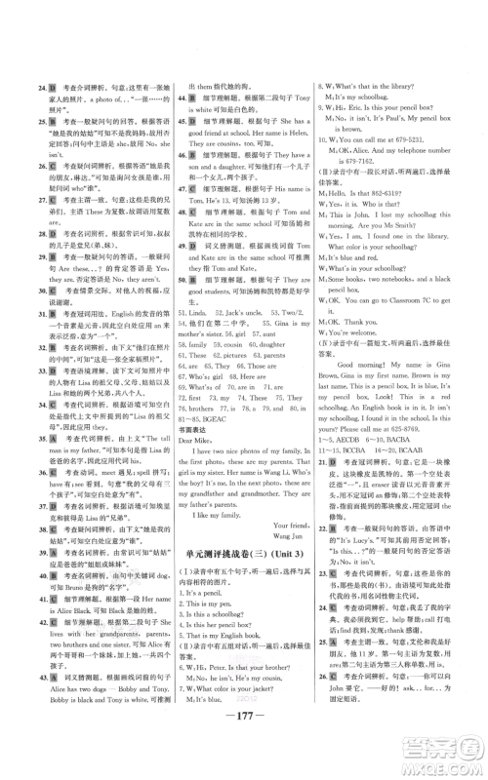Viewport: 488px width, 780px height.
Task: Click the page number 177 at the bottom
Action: [244, 732]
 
